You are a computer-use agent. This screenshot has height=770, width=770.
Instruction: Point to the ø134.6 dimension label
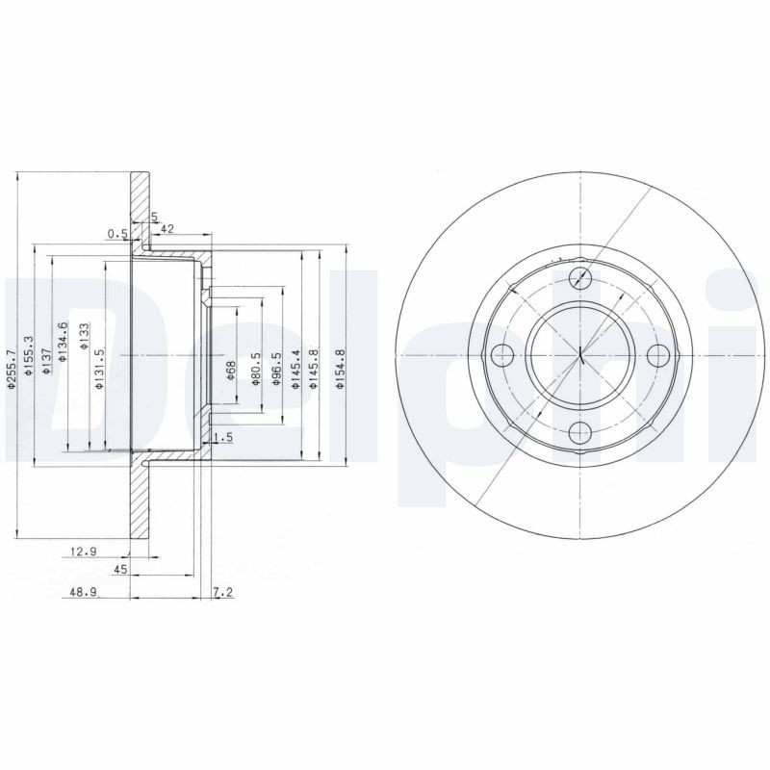coord(63,342)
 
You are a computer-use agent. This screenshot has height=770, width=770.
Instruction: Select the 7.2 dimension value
coord(222,594)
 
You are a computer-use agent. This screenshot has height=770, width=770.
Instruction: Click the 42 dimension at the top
coord(167,228)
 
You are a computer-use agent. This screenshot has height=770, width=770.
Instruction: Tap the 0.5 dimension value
coord(117,233)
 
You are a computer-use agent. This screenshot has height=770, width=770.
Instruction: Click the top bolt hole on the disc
coord(579,279)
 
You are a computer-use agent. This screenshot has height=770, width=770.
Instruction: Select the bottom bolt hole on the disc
coord(579,432)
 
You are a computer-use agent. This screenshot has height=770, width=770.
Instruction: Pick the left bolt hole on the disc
coord(503,355)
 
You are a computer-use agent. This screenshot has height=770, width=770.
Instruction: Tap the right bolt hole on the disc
coord(656,355)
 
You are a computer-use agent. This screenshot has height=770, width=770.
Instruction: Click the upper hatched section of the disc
coord(141,212)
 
